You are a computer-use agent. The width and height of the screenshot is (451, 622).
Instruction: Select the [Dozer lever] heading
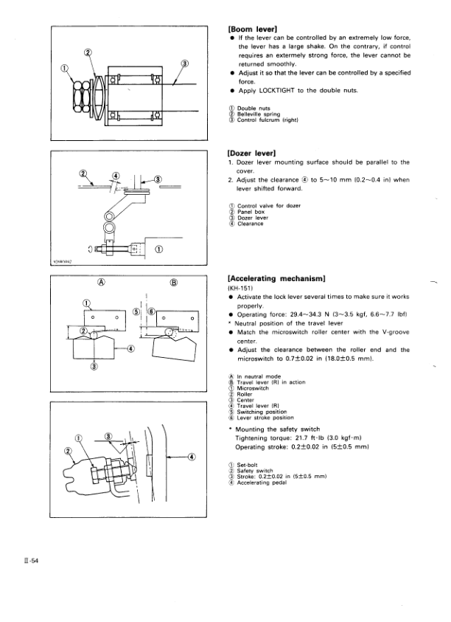pyautogui.click(x=254, y=153)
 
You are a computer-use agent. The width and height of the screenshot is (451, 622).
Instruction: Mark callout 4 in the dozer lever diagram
pyautogui.click(x=115, y=176)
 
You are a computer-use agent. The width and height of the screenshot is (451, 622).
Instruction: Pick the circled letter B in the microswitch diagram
pyautogui.click(x=175, y=281)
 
